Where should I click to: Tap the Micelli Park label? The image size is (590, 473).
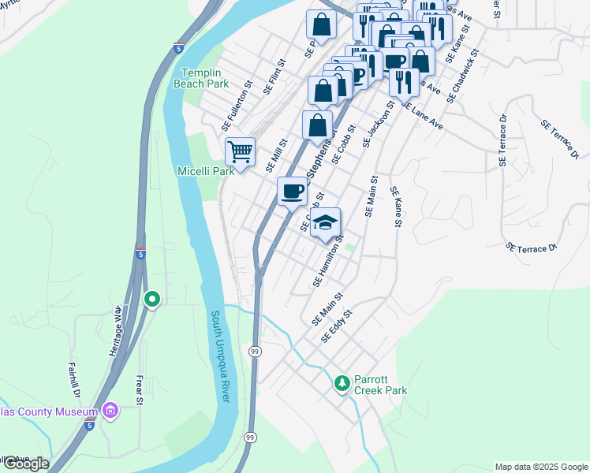206,170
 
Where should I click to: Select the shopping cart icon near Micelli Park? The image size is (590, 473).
240,151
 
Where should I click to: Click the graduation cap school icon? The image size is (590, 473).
325,223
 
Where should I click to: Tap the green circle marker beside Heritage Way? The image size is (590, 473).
152,300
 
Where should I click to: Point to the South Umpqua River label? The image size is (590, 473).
219,356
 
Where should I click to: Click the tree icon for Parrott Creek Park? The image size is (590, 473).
342,383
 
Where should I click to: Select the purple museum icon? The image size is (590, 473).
110,412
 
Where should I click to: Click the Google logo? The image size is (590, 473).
26,464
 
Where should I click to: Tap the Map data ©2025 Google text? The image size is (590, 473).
541,467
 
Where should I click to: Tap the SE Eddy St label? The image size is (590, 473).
336,326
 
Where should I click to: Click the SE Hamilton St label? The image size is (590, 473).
329,260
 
